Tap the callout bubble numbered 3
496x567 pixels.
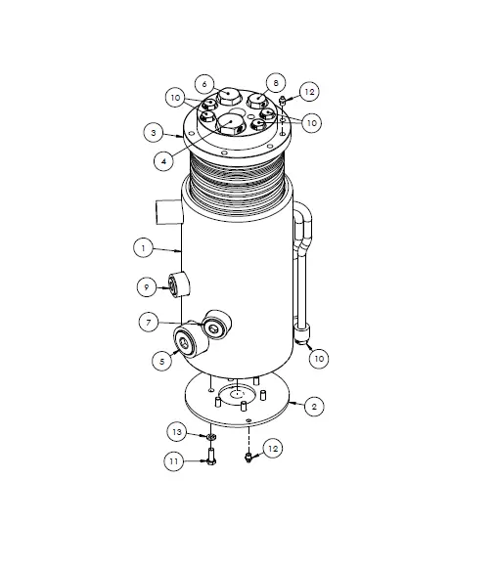tap(154, 131)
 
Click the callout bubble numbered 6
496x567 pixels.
tap(203, 83)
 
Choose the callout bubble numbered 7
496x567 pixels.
tap(148, 322)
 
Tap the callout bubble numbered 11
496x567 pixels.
tap(172, 460)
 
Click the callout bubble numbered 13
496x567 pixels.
tap(176, 431)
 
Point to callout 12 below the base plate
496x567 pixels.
tap(273, 448)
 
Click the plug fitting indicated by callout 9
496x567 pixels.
tap(179, 285)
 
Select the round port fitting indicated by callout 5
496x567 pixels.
tap(185, 341)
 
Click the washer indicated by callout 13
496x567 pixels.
tap(210, 436)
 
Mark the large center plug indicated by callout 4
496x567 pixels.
tap(233, 123)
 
